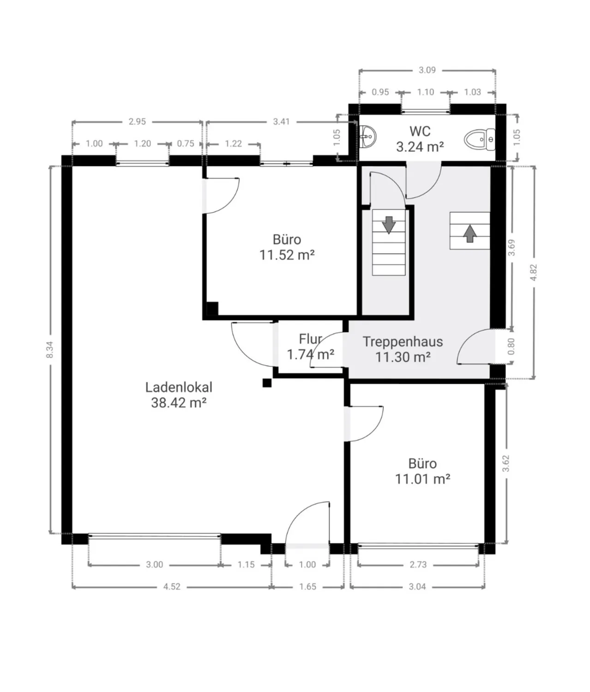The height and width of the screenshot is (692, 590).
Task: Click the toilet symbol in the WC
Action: [480, 138]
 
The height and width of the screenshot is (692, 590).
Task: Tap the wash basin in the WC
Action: [368, 136]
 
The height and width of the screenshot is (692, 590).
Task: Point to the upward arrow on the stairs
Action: [470, 233]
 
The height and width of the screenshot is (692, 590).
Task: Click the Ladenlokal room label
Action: [179, 388]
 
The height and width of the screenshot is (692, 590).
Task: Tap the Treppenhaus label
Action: [403, 341]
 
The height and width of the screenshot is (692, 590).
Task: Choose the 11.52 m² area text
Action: [287, 255]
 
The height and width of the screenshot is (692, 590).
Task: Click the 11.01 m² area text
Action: [422, 479]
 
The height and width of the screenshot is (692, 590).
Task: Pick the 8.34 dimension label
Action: [49, 350]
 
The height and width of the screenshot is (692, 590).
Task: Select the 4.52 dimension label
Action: [172, 586]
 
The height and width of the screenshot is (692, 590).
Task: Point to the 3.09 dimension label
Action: [427, 70]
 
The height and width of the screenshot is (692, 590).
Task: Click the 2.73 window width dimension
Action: [418, 565]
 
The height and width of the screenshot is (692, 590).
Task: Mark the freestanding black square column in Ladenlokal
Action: [267, 382]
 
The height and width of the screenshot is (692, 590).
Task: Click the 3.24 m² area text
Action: [420, 147]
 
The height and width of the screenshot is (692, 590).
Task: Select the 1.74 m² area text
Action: [311, 354]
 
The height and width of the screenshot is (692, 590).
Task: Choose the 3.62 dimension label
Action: [506, 463]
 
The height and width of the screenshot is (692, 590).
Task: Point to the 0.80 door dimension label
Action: [511, 346]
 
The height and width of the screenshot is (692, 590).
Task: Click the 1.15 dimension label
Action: [246, 565]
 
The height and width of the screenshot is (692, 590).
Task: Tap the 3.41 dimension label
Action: [282, 121]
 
